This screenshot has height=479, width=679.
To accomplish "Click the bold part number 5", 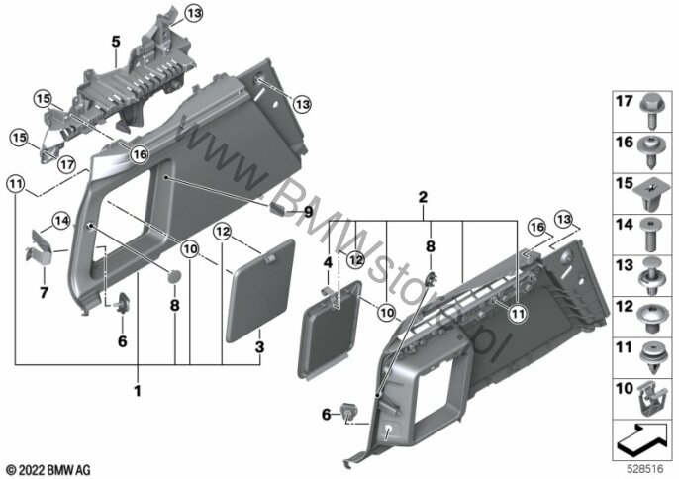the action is click(116, 42).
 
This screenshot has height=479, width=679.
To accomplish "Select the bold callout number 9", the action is click(308, 212).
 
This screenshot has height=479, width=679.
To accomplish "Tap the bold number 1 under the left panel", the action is click(138, 391).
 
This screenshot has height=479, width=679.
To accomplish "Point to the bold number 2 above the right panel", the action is click(423, 197).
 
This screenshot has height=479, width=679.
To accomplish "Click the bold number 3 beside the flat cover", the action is click(259, 346).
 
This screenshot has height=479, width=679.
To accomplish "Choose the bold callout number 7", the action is click(44, 293).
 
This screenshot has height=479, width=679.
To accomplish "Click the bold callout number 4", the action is click(329, 262).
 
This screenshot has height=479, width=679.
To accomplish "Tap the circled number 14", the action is click(61, 221).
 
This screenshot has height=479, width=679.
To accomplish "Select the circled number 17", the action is click(66, 164).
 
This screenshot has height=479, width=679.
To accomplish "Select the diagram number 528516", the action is click(645, 469).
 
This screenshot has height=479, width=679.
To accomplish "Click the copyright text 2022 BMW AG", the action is click(48, 469).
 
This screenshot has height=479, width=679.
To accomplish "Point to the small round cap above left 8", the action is click(174, 277).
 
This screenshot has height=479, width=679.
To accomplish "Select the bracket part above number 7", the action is click(41, 248).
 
